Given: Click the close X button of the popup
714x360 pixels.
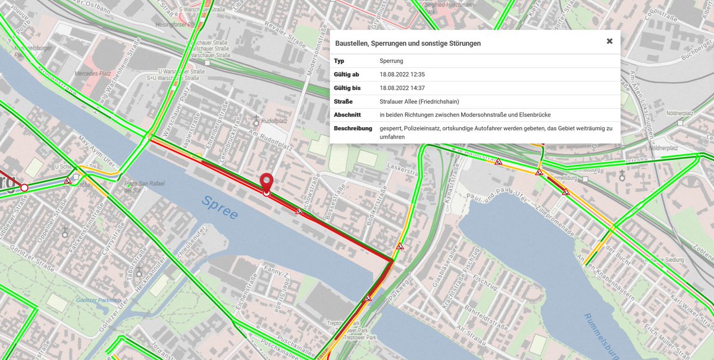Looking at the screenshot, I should coord(609,41).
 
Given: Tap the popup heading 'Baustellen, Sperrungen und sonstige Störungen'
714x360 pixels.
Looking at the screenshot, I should coord(408,43).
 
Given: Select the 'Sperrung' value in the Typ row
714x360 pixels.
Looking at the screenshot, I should coord(392,61).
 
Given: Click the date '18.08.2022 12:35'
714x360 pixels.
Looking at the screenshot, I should coord(402,74).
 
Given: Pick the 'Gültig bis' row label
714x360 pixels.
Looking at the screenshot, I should coord(347,88).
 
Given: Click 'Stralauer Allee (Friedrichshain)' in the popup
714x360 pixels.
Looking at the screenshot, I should coord(419,101).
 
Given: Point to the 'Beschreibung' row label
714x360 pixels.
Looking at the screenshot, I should coord(353,128).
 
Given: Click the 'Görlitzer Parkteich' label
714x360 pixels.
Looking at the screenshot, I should coord(98,300).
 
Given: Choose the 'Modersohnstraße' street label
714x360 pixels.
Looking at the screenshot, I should coord(310,84).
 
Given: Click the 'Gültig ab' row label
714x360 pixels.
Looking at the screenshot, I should coord(346,74).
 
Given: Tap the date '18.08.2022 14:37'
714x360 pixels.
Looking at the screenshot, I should coord(402,88).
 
